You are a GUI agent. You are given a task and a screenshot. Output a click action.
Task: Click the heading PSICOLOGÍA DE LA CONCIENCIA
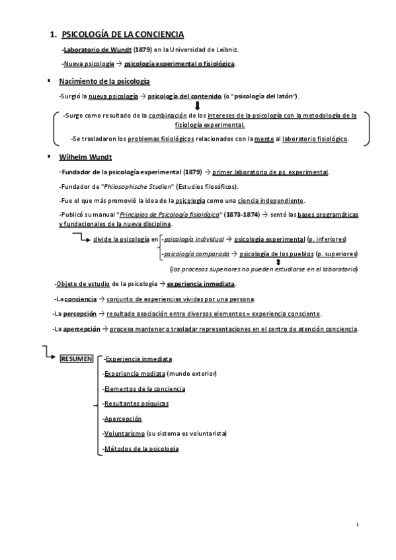[x=122, y=34]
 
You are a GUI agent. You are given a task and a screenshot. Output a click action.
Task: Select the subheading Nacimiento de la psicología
[x=104, y=81]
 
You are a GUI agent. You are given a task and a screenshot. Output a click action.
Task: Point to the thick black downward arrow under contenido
[x=197, y=105]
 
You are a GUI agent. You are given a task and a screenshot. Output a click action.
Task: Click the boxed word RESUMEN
[x=77, y=359]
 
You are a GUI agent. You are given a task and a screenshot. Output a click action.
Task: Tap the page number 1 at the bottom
[x=357, y=524]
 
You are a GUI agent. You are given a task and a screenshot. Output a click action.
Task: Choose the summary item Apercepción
[x=123, y=419]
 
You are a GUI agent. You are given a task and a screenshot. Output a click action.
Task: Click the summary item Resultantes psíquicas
[x=136, y=403]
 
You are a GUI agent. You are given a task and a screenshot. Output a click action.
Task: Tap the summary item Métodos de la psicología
[x=141, y=449]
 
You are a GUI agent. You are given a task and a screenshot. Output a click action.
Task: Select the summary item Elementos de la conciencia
[x=145, y=388]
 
